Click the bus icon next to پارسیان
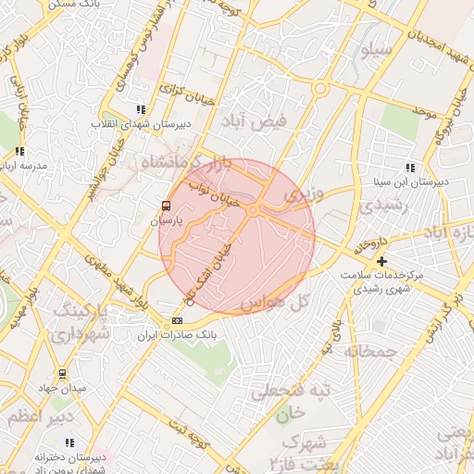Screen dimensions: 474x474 click(166, 206)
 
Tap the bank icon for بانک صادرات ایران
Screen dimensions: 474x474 click(178, 320)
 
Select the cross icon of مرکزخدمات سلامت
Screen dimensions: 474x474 click(380, 262)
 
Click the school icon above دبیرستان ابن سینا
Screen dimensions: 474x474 click(410, 168)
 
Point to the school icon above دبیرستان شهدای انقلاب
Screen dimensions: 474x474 click(141, 108)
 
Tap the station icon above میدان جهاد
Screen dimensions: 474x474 click(61, 374)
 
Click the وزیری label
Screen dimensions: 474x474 click(305, 195)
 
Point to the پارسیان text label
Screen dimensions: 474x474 click(168, 221)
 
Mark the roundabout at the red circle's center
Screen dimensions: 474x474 click(252, 211)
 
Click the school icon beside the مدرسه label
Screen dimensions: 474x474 click(19, 151)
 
